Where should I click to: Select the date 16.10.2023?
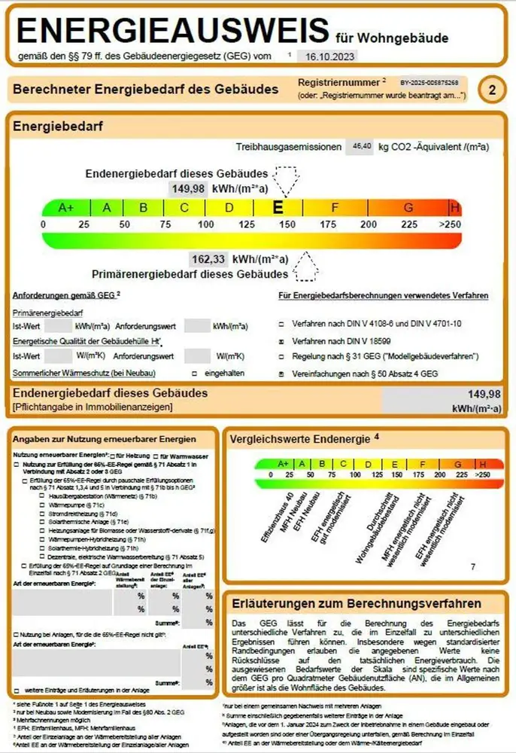coord(325,56)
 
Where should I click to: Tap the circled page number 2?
coord(491,90)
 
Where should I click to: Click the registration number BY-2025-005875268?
coord(429,81)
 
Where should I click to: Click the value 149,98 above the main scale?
coord(189,188)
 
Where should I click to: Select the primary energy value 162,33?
coord(208,259)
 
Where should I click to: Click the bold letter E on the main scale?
coord(278,208)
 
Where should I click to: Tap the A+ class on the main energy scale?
coord(65,208)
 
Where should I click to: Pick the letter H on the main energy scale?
coord(454,208)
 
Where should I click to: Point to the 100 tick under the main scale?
coord(205,224)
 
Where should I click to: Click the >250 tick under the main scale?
coord(450,224)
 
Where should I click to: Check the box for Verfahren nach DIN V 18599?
coord(281,341)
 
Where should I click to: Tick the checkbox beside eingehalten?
coord(194,373)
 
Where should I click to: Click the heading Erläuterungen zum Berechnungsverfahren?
coord(357,604)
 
